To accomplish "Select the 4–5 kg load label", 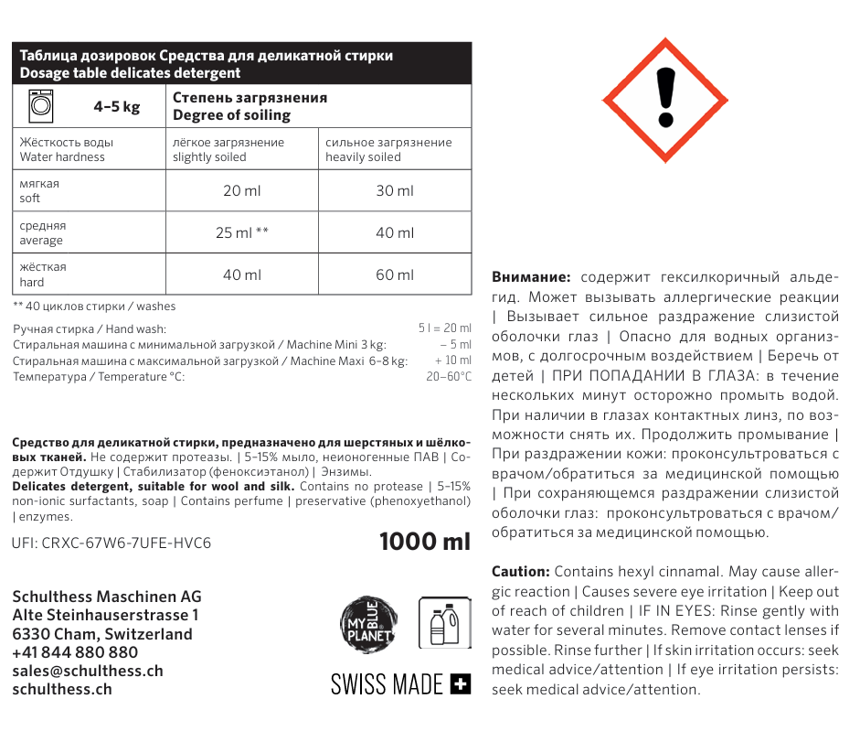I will (117, 107).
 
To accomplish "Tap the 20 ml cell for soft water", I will (241, 190).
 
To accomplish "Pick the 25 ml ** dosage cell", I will (241, 232).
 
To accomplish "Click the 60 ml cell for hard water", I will (395, 274).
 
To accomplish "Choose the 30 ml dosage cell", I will (395, 190).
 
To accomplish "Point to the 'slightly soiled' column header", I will (228, 149).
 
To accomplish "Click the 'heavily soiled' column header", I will (388, 149).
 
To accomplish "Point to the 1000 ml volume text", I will (425, 541).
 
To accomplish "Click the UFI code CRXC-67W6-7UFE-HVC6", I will (111, 543).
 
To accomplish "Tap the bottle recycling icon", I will (443, 623).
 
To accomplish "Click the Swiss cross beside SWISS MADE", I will (462, 683).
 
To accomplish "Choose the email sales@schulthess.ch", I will (88, 671).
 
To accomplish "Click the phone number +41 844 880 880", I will (75, 652).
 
